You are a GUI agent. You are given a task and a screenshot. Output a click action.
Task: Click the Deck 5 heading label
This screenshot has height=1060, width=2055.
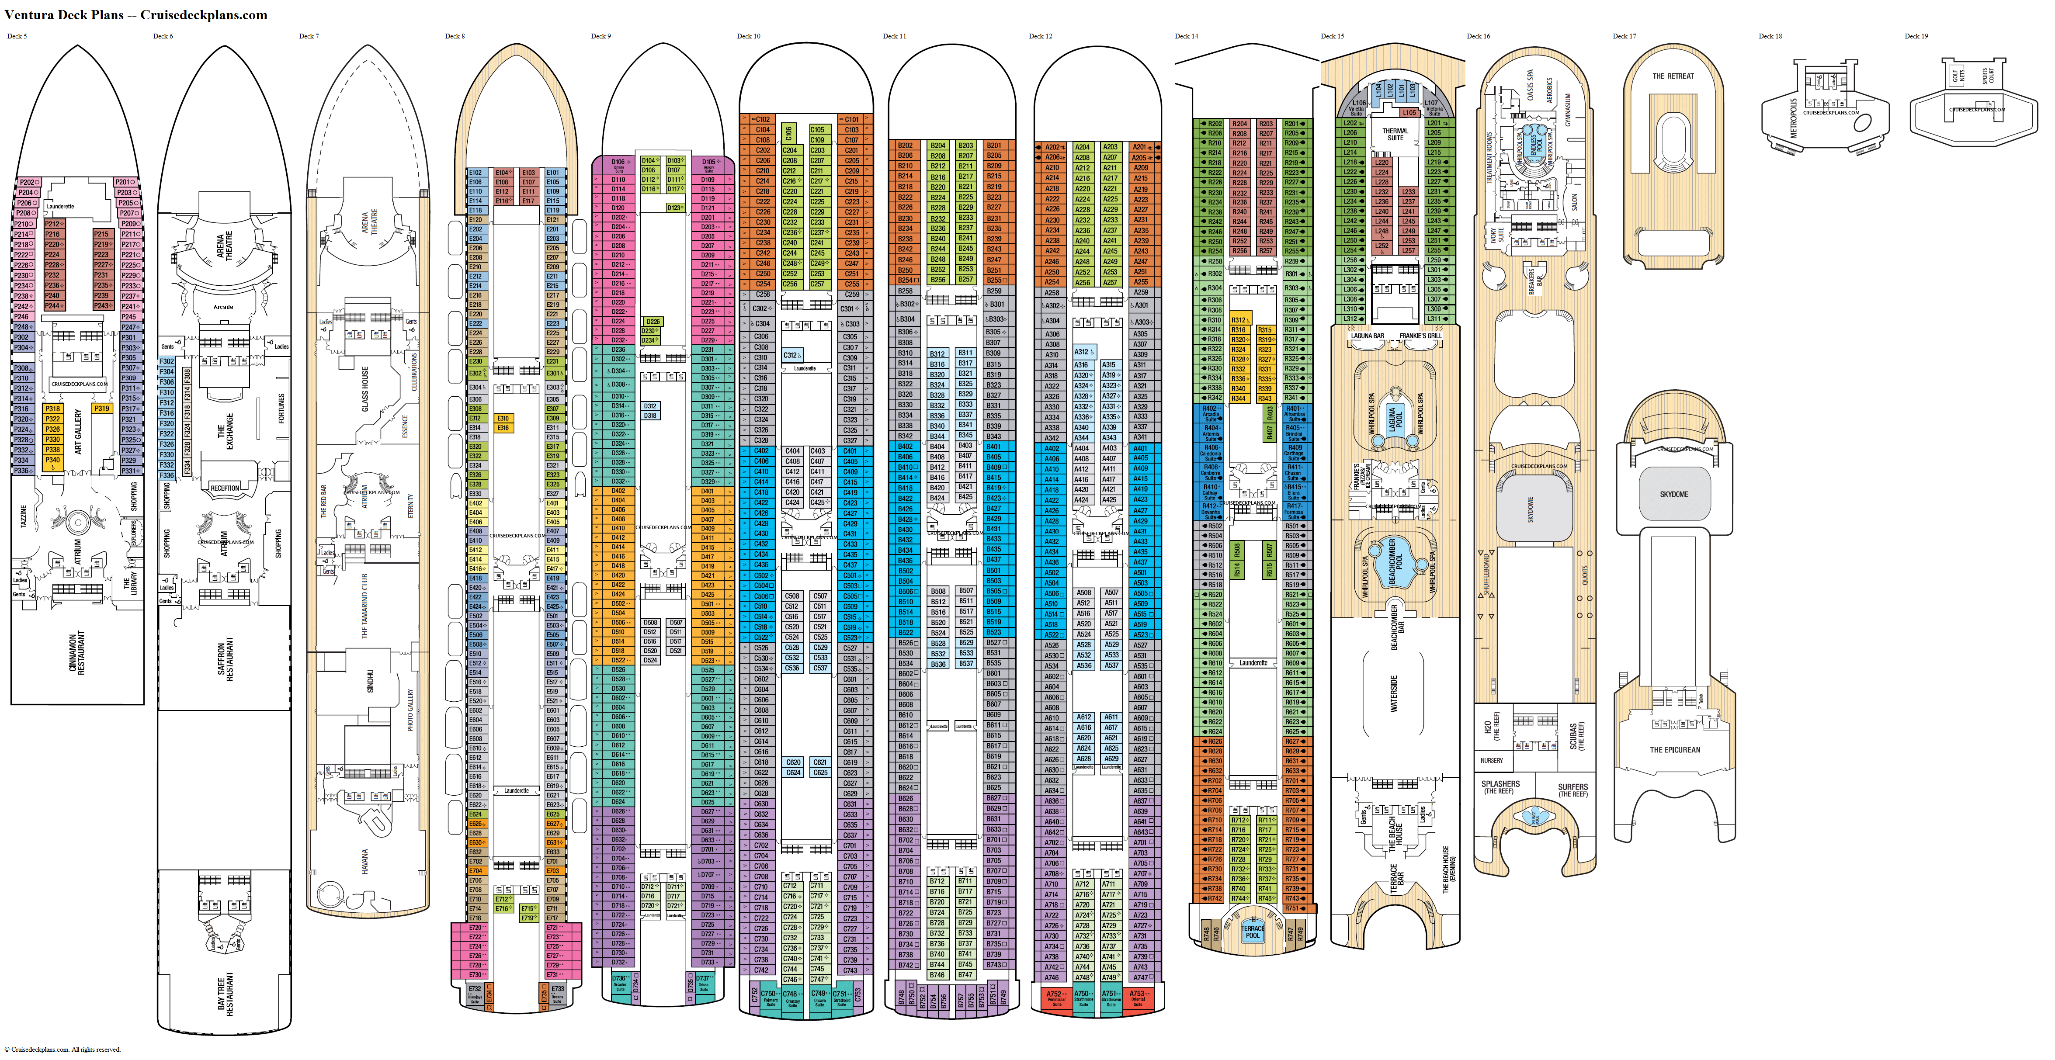pyautogui.click(x=17, y=36)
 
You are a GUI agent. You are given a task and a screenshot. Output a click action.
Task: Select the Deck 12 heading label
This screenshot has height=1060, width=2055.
pyautogui.click(x=1040, y=36)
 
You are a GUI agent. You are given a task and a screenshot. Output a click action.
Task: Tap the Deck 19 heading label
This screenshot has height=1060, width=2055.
pyautogui.click(x=1916, y=36)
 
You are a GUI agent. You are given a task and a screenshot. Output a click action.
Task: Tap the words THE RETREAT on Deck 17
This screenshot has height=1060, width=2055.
pyautogui.click(x=1673, y=76)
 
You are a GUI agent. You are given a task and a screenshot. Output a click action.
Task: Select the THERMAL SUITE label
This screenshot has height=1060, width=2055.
pyautogui.click(x=1395, y=134)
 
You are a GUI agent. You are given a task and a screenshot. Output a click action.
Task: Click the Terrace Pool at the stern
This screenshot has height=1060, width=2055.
pyautogui.click(x=1253, y=932)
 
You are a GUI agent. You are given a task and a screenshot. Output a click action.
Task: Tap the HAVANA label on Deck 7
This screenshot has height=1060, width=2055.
pyautogui.click(x=365, y=861)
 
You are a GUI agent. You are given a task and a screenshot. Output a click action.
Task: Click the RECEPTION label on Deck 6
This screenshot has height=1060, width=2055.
pyautogui.click(x=225, y=488)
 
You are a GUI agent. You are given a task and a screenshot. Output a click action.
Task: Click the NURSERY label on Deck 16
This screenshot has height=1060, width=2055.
pyautogui.click(x=1492, y=760)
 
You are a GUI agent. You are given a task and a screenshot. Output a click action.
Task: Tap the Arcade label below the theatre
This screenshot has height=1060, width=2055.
pyautogui.click(x=223, y=307)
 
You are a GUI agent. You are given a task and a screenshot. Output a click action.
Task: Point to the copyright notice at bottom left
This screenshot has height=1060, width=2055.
pyautogui.click(x=62, y=1050)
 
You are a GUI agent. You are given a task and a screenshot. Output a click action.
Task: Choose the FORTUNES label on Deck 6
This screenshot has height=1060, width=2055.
pyautogui.click(x=281, y=409)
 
